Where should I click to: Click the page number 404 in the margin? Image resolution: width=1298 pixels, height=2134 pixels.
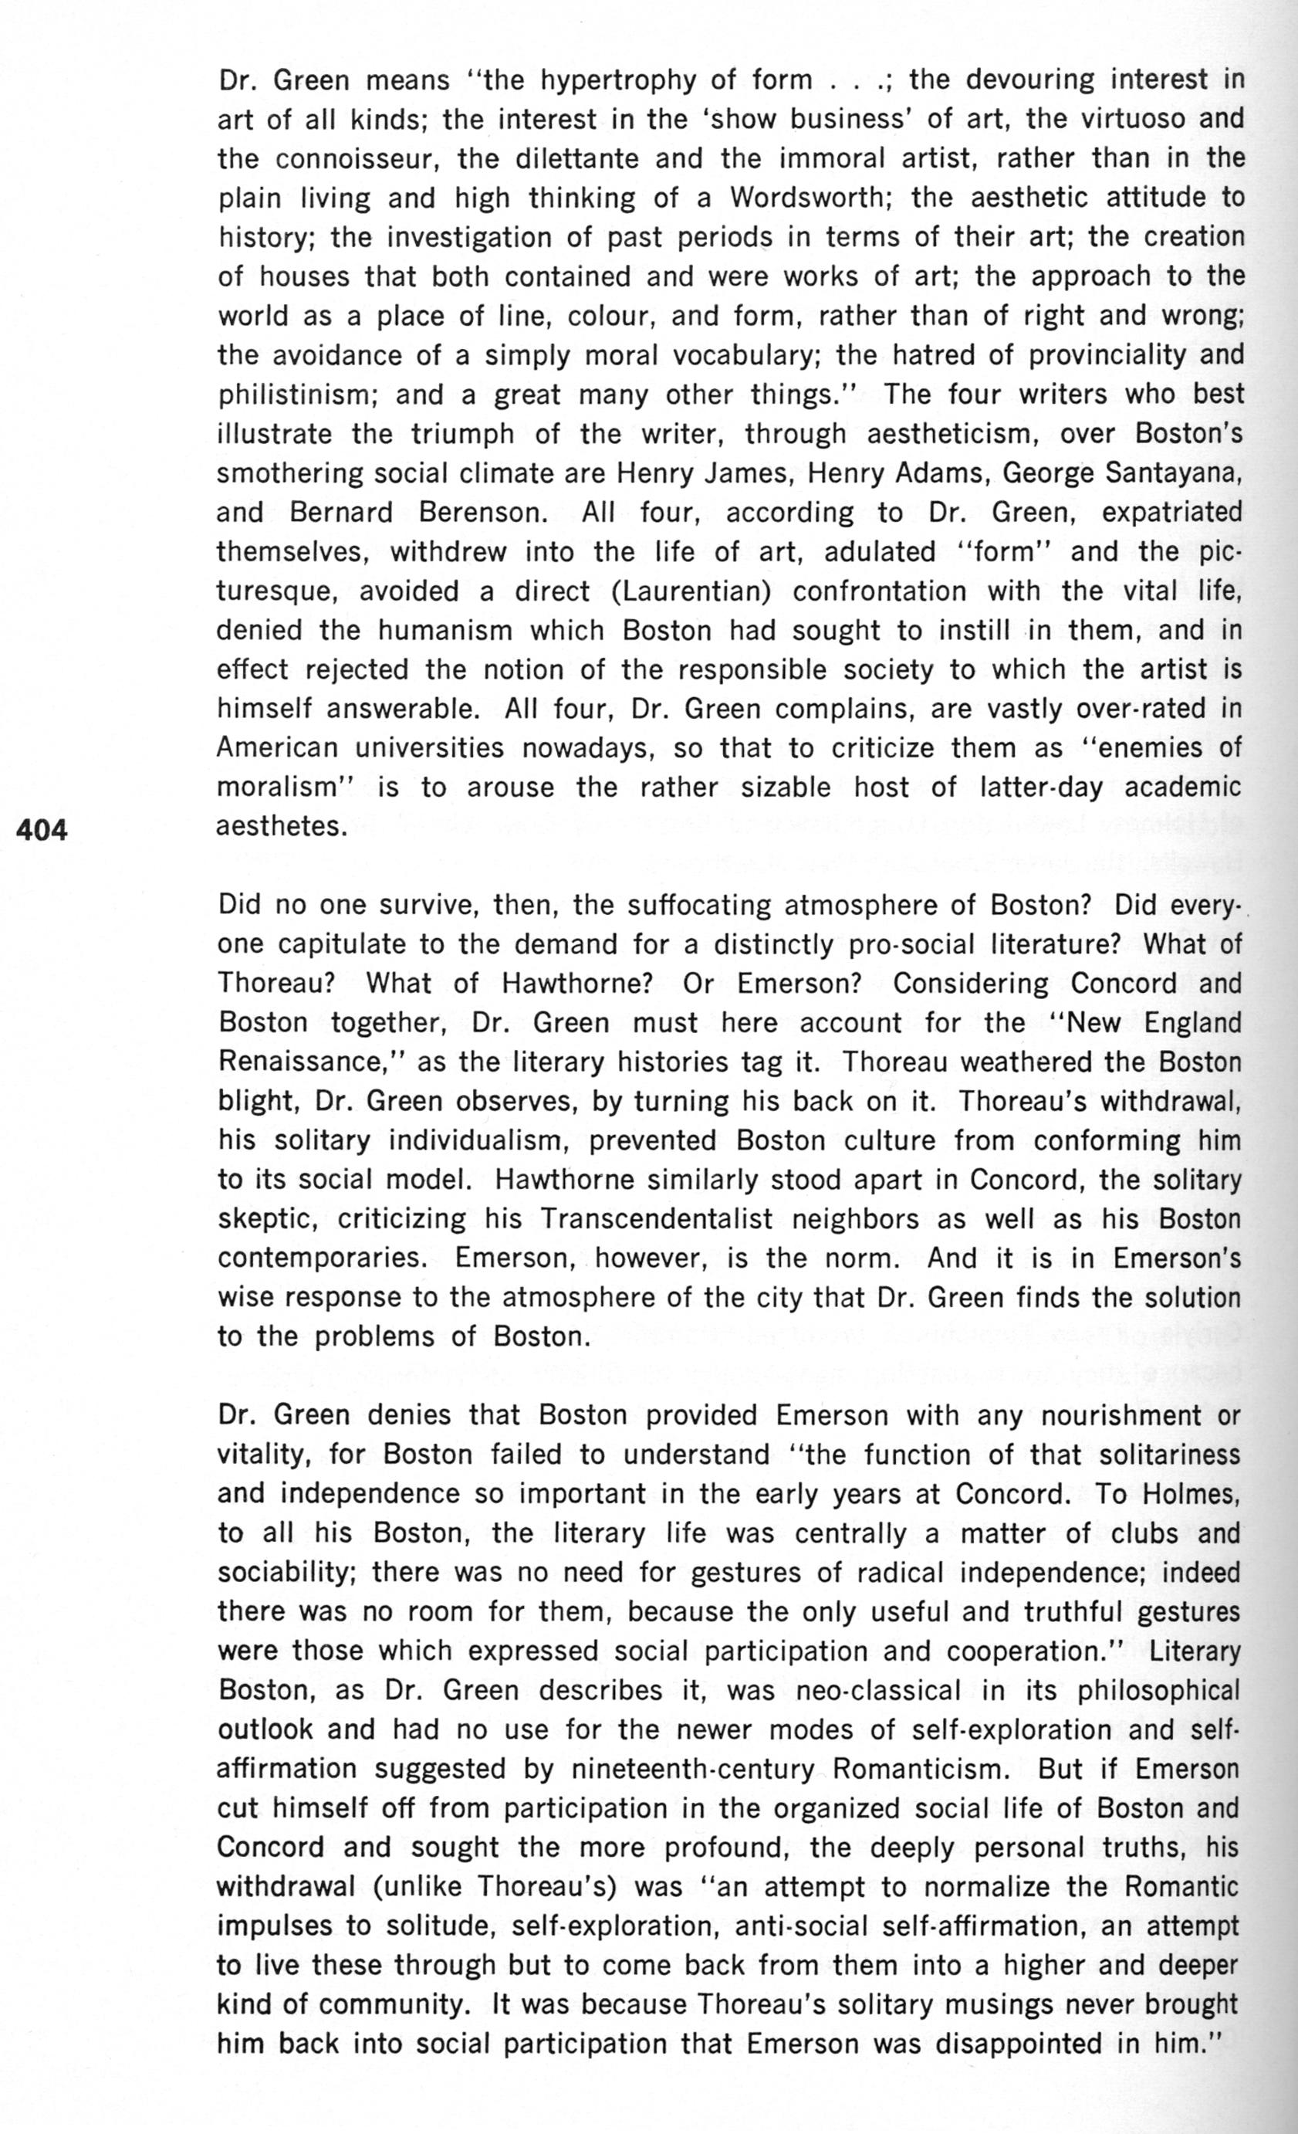(42, 830)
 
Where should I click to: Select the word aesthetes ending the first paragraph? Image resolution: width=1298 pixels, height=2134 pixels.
(281, 827)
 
